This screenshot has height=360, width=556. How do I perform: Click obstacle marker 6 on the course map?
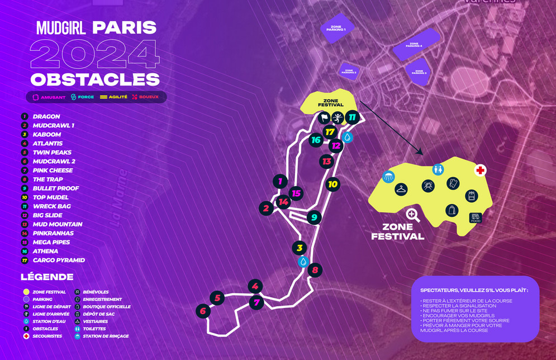pos(203,311)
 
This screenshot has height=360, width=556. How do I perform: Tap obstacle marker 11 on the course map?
pos(351,117)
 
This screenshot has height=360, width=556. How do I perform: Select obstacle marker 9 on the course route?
pos(315,217)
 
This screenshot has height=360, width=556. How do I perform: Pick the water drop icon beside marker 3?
pos(303,262)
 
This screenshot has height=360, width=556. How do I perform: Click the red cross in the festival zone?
pos(480,170)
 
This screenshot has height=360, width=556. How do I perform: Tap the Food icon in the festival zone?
pos(476,217)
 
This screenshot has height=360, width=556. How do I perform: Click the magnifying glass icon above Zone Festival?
pos(413,215)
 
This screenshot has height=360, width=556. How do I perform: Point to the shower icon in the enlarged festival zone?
pos(388,177)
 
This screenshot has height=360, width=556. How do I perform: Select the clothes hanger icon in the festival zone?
pos(401,189)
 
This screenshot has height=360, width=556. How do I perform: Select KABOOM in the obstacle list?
pos(47,135)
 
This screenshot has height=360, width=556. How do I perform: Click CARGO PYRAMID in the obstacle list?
pos(59,260)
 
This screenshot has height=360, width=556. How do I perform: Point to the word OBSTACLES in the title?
pos(95,79)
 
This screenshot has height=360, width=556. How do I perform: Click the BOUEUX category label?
pos(149,97)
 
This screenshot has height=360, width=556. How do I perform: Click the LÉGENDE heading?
pos(47,277)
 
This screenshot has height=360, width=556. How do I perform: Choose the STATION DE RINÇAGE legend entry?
pos(105,336)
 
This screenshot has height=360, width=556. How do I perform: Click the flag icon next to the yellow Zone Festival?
pos(324,118)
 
